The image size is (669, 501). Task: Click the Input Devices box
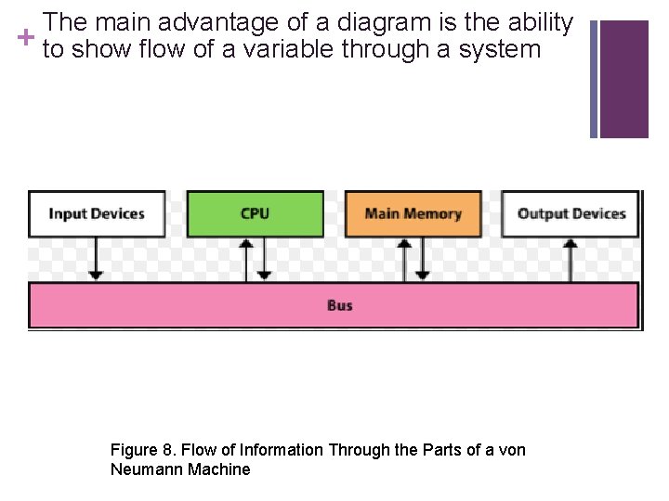coord(97,214)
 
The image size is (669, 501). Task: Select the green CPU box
coord(255,214)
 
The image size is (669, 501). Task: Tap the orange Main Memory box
coord(413,214)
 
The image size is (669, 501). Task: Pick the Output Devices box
coord(571,214)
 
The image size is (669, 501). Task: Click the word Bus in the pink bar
coord(340,305)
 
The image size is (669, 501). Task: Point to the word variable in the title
coord(288,49)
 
